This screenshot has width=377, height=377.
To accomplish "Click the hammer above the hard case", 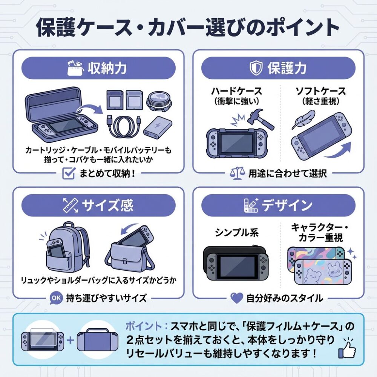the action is click(x=261, y=119).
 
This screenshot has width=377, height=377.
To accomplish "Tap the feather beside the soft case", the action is click(x=303, y=119).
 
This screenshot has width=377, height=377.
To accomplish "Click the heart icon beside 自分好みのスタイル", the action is click(x=237, y=298).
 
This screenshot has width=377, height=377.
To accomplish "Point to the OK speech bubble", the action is click(x=56, y=298).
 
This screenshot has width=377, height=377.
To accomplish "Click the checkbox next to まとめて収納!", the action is click(x=69, y=173).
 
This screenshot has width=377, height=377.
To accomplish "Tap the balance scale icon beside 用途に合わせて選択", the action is click(x=237, y=173).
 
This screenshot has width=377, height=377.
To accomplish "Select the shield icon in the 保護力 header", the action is click(x=256, y=68).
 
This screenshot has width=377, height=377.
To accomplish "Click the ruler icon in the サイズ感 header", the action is click(x=70, y=205).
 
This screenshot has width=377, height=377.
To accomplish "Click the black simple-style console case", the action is click(x=235, y=263).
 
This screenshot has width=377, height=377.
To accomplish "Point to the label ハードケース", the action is click(x=237, y=91).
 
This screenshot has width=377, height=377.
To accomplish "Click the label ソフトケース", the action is click(x=320, y=91).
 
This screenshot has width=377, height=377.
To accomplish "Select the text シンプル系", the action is click(x=237, y=233).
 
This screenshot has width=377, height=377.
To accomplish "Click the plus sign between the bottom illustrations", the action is click(x=70, y=340).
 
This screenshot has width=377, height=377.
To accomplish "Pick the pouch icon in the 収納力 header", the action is click(x=75, y=68).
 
